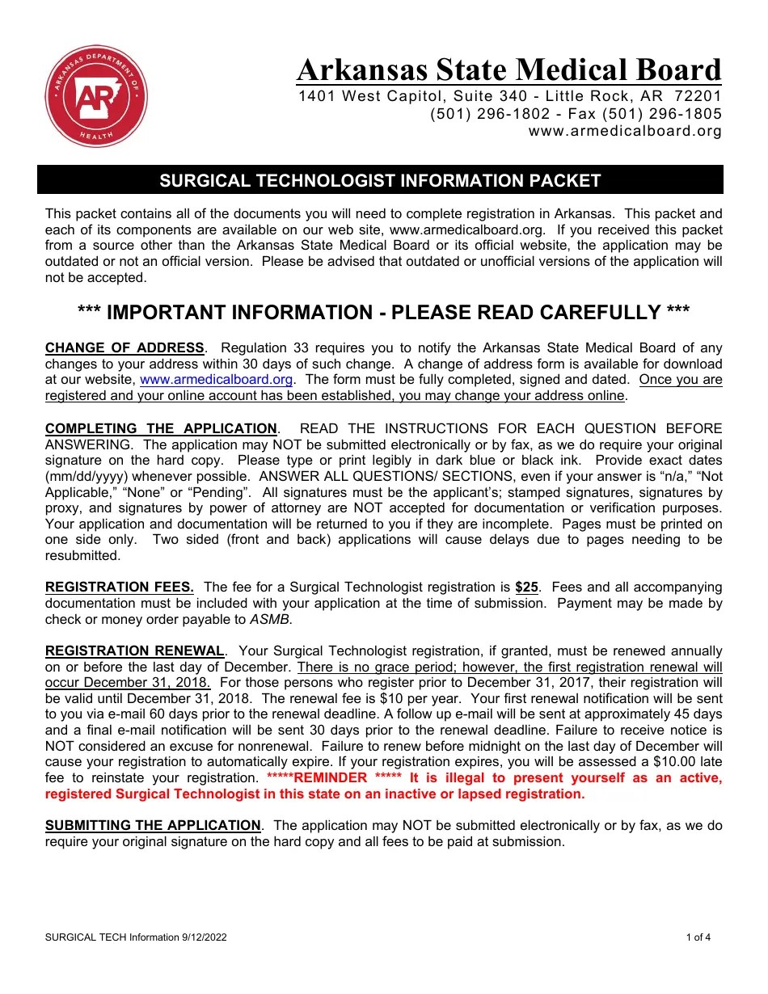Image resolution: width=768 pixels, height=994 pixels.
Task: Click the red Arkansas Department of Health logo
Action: click(x=95, y=96)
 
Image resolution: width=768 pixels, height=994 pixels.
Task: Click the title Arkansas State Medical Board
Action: click(x=508, y=70)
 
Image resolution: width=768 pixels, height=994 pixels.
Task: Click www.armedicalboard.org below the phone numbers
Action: click(x=624, y=131)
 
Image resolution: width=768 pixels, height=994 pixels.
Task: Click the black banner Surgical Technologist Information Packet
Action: click(x=380, y=180)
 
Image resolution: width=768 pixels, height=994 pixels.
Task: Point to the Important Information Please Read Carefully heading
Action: click(x=383, y=313)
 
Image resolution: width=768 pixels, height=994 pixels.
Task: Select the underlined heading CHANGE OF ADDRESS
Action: click(x=124, y=348)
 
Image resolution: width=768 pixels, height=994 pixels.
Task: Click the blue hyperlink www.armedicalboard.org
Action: click(x=216, y=380)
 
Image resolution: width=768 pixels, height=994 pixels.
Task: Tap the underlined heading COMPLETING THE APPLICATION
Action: click(x=161, y=428)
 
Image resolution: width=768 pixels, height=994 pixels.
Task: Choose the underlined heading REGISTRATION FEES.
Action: click(x=119, y=588)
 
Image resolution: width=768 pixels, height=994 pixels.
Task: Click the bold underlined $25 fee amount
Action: click(x=526, y=588)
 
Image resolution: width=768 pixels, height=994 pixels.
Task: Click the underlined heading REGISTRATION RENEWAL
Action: click(x=134, y=651)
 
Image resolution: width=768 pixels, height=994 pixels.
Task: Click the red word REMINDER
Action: click(x=331, y=778)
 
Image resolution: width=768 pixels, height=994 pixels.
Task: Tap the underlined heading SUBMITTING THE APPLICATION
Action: click(x=153, y=826)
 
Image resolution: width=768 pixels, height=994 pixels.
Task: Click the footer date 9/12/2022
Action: click(x=204, y=937)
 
